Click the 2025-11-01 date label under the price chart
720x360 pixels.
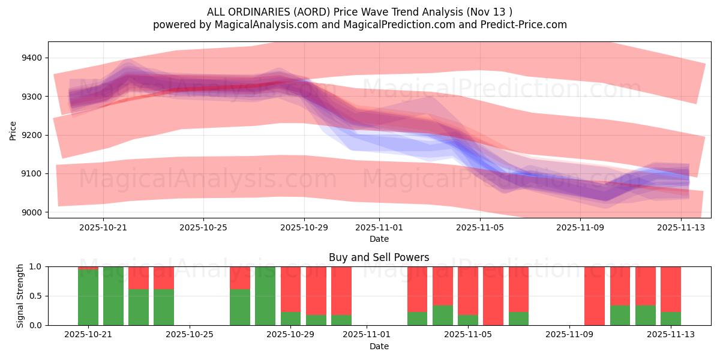[379, 228]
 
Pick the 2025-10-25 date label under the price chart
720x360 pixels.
[203, 228]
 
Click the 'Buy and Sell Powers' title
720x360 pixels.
[379, 257]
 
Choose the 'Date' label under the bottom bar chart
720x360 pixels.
[379, 346]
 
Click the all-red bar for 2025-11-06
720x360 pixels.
[493, 296]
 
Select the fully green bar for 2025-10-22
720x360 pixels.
[113, 296]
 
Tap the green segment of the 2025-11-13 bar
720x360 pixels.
[671, 319]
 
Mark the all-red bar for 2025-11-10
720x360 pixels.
[595, 296]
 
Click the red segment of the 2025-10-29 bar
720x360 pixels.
[291, 289]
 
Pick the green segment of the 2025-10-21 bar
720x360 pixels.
[88, 298]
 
